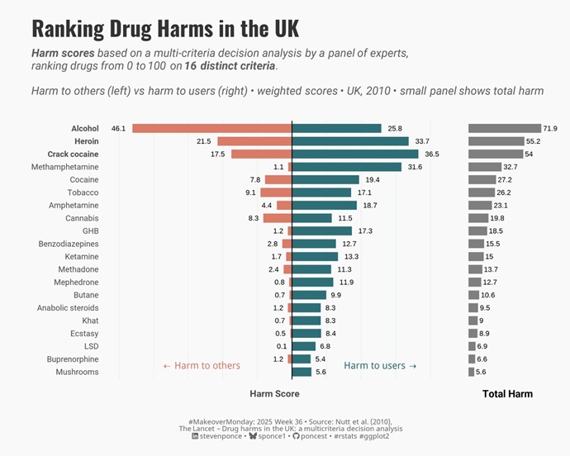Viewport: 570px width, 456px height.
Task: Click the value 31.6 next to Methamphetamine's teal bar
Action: point(415,167)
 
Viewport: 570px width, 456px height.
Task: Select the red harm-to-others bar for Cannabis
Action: point(278,218)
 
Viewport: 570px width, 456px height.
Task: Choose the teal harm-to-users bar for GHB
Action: point(322,231)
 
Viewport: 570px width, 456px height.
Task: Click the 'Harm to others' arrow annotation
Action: point(202,365)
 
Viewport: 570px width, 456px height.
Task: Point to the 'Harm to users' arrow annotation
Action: point(380,365)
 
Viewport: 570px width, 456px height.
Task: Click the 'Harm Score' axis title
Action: point(274,394)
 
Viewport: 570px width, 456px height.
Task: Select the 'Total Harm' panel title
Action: point(507,394)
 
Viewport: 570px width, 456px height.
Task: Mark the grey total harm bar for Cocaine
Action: point(482,180)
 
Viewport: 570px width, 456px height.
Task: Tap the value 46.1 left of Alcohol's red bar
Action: point(118,129)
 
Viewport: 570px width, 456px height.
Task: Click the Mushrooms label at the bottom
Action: point(77,373)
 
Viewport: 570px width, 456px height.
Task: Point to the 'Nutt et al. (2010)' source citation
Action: point(360,421)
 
